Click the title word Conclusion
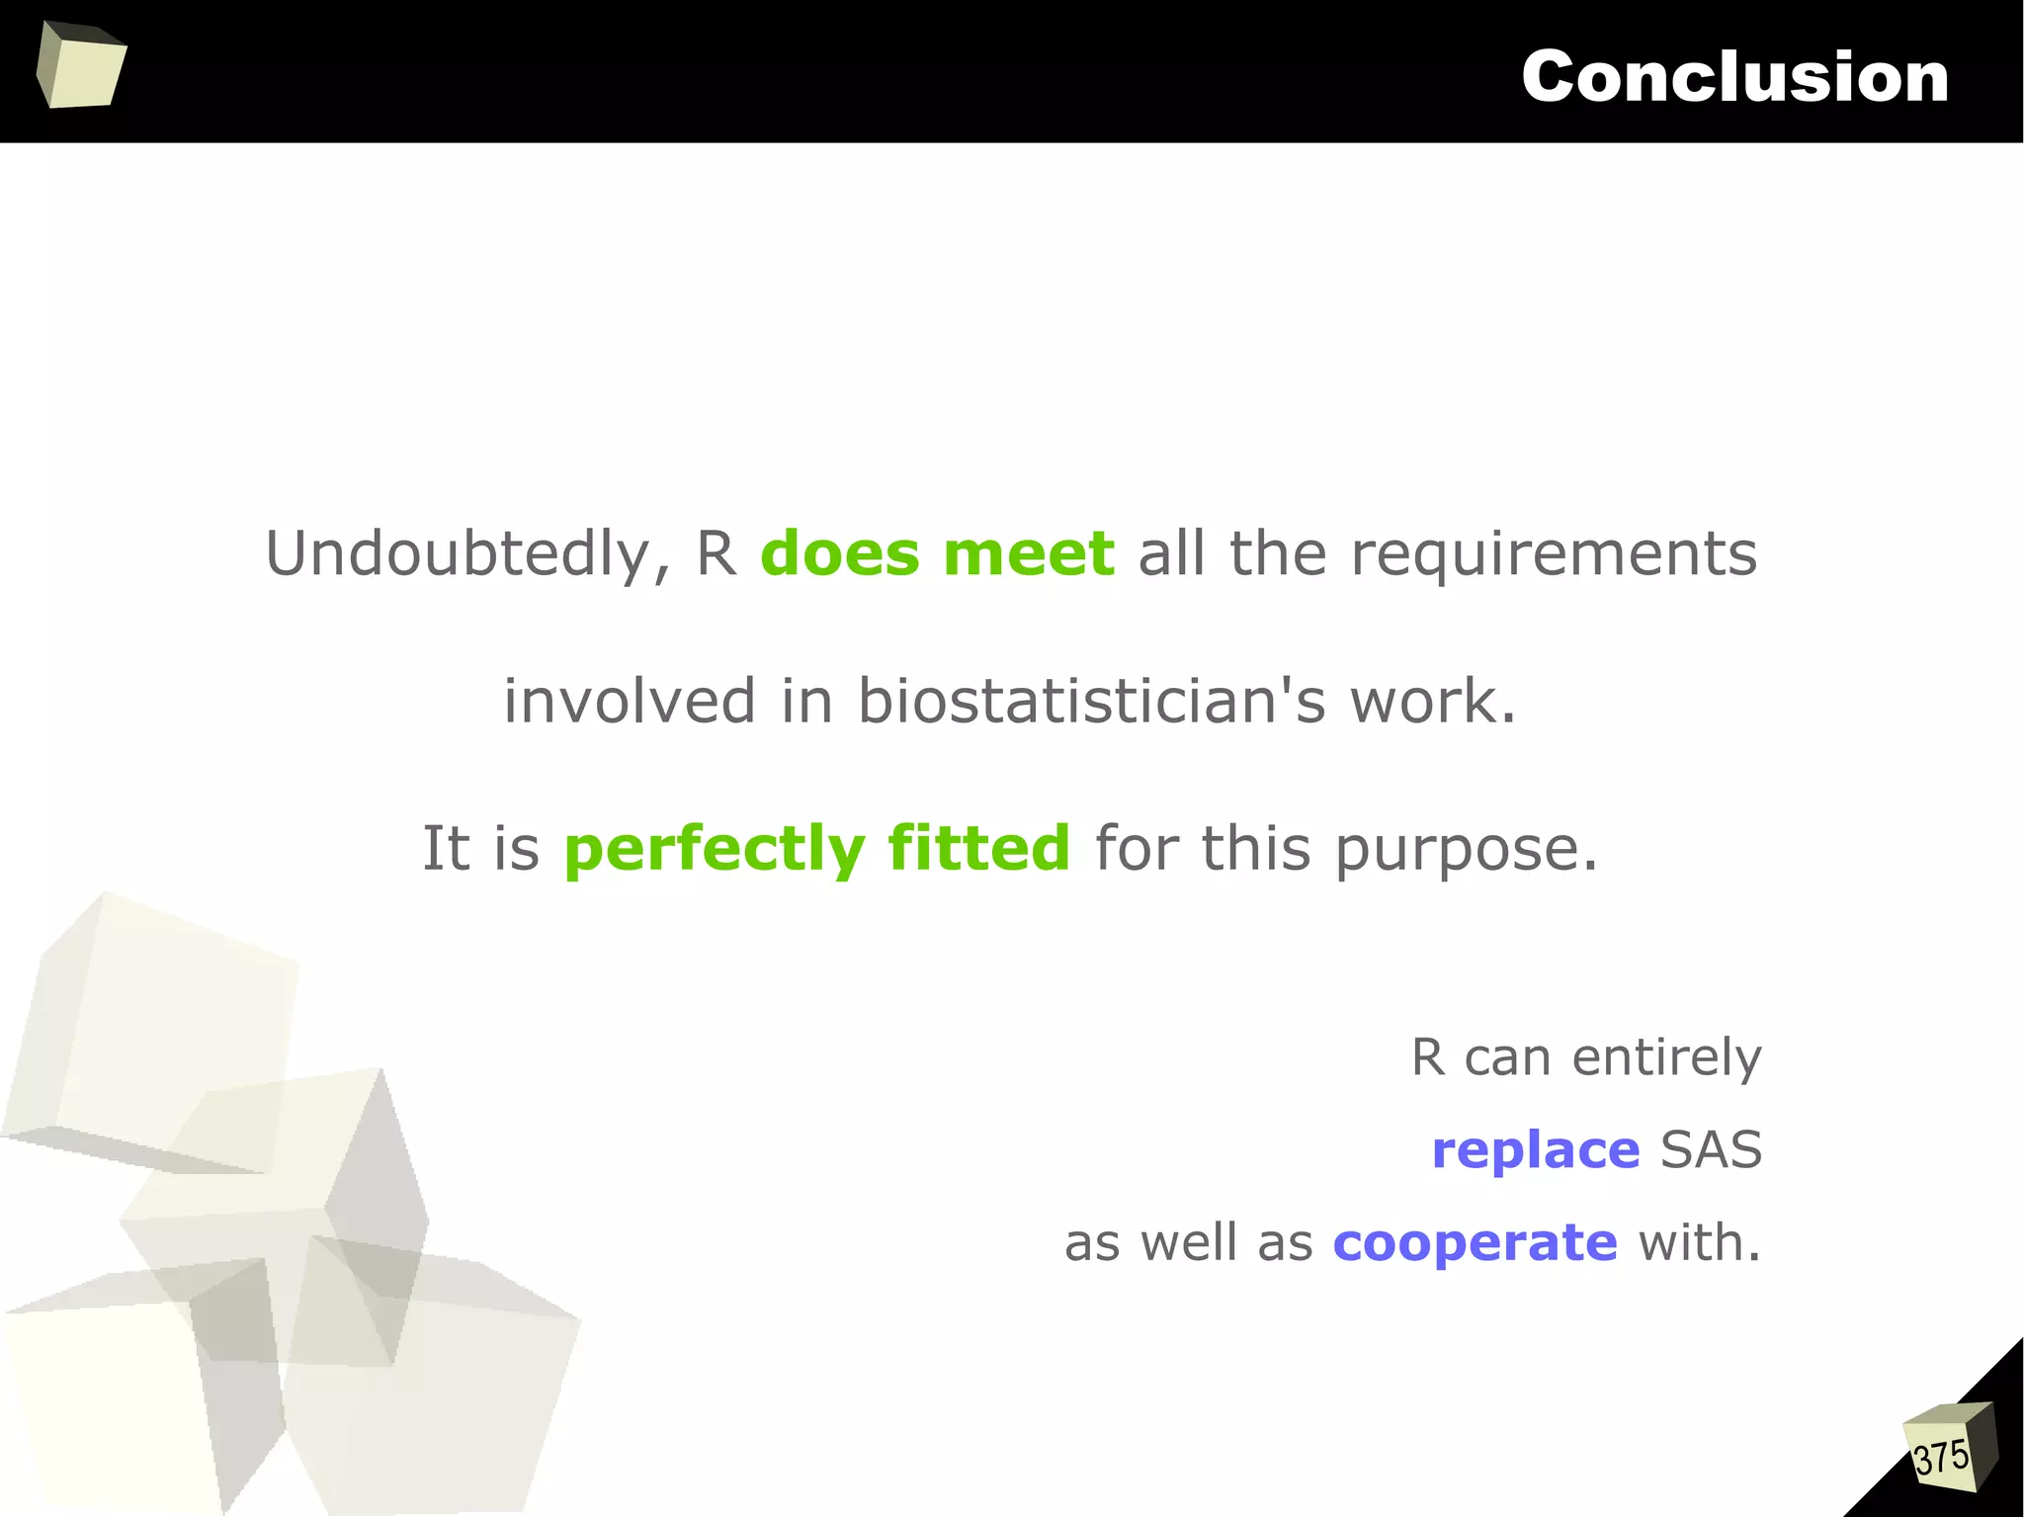tap(1734, 76)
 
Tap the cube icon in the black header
tap(81, 65)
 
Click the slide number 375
tap(1941, 1458)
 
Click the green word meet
tap(1029, 553)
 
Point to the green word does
tap(840, 553)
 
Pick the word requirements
tap(1554, 553)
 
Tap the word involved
tap(630, 701)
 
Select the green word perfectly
tap(715, 849)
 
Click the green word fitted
tap(978, 848)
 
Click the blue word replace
tap(1535, 1150)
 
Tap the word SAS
tap(1711, 1150)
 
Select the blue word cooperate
tap(1475, 1242)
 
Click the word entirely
tap(1666, 1058)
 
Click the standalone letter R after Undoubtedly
tap(717, 553)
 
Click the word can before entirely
tap(1507, 1058)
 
